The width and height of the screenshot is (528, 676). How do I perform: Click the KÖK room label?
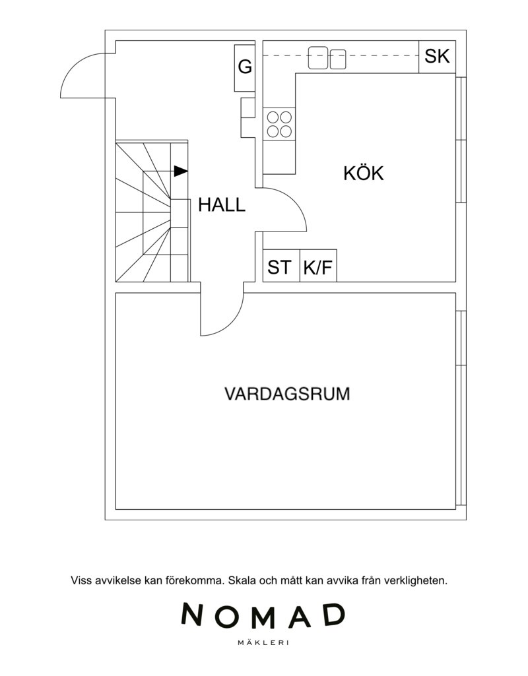point(363,173)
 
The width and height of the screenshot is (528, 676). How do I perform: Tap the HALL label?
point(222,205)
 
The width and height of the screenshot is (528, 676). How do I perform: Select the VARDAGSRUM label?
point(287,394)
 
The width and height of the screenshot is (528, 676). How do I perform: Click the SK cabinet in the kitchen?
point(438,57)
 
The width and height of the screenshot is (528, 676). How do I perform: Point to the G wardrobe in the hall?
point(245,68)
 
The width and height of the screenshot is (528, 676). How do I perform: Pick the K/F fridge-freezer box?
point(318,266)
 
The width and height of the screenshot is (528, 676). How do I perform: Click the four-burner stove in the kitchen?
point(279,124)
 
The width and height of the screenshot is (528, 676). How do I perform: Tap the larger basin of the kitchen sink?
point(318,58)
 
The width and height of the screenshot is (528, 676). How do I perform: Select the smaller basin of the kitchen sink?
point(338,59)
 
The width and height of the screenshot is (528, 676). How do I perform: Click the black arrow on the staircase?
point(181,171)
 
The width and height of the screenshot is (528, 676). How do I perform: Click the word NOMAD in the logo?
point(263,615)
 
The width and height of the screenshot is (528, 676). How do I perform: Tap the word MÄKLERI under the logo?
point(263,643)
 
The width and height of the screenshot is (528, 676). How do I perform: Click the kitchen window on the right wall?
point(461,140)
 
